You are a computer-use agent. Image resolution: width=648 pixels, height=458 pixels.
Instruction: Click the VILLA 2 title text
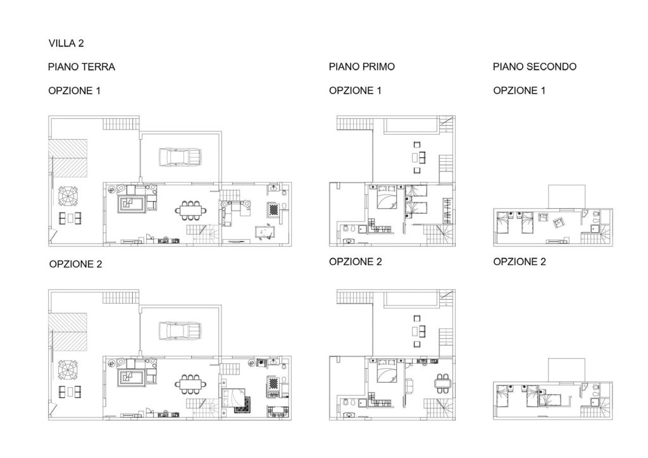coord(66,44)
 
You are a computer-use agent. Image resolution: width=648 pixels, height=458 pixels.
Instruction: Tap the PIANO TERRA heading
coord(82,67)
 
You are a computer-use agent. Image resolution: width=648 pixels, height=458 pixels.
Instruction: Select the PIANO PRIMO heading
coord(361,66)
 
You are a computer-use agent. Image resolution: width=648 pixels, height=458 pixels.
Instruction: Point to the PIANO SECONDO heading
coord(534,66)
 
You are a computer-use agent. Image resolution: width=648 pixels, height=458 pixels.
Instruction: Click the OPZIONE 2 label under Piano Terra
coord(75,264)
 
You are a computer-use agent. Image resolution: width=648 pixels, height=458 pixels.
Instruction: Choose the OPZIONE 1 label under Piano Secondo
coord(519,90)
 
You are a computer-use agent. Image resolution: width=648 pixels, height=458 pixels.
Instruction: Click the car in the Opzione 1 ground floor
coord(180,158)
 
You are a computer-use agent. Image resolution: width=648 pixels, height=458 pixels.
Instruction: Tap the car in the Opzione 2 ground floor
coord(180,331)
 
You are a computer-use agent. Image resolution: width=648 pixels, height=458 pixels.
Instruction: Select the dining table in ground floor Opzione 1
coord(191,211)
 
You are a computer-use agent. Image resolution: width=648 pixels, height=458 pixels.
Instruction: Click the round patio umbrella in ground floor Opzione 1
coord(68,196)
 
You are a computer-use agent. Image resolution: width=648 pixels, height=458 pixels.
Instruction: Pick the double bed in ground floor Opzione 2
coord(234,398)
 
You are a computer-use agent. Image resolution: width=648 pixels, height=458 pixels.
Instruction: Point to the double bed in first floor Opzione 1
coord(387,199)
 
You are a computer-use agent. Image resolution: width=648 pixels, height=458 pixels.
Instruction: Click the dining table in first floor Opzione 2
coord(443,383)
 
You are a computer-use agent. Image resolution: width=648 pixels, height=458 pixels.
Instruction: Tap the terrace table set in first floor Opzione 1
coord(419,158)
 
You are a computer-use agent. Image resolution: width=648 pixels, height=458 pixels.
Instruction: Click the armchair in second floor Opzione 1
coord(558,223)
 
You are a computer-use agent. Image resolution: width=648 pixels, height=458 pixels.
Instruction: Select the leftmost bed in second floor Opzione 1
coord(502,222)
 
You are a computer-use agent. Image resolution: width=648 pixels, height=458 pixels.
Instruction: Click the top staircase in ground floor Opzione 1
coord(121,125)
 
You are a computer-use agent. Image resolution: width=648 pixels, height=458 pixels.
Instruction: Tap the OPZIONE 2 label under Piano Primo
coord(355,262)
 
